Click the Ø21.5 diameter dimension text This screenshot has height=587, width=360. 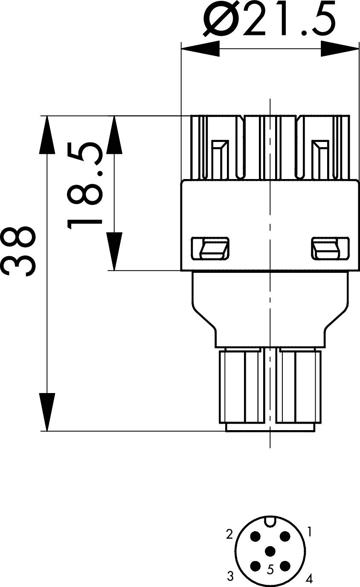tap(270, 18)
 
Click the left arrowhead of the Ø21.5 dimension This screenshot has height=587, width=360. tap(200, 49)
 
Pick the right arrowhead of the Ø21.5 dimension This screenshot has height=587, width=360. tap(340, 49)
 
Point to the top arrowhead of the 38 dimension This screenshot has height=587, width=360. tap(47, 135)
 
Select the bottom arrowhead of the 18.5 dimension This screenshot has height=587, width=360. tap(114, 252)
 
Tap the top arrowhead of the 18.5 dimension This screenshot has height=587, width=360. tap(114, 135)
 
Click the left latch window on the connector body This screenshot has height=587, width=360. tap(210, 249)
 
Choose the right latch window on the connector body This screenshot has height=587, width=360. tap(330, 249)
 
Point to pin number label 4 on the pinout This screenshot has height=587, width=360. tap(309, 578)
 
